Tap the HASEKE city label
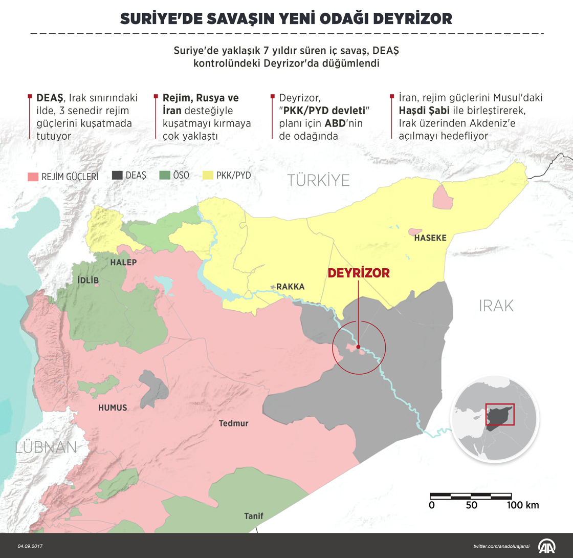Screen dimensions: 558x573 pos(430,238)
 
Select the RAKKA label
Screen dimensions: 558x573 pos(290,287)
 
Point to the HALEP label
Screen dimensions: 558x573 pos(124,262)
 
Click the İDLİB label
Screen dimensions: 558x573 pos(87,281)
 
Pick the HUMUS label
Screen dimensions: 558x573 pos(113,407)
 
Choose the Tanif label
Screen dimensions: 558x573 pos(254,516)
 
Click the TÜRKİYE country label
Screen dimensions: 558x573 pos(318,180)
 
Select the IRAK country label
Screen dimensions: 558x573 pos(496,306)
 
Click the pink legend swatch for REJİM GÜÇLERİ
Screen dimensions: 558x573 pos(33,177)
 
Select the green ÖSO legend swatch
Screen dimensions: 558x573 pos(164,175)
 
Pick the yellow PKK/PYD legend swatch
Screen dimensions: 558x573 pos(208,175)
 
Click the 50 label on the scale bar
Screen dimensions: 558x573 pos(472,505)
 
